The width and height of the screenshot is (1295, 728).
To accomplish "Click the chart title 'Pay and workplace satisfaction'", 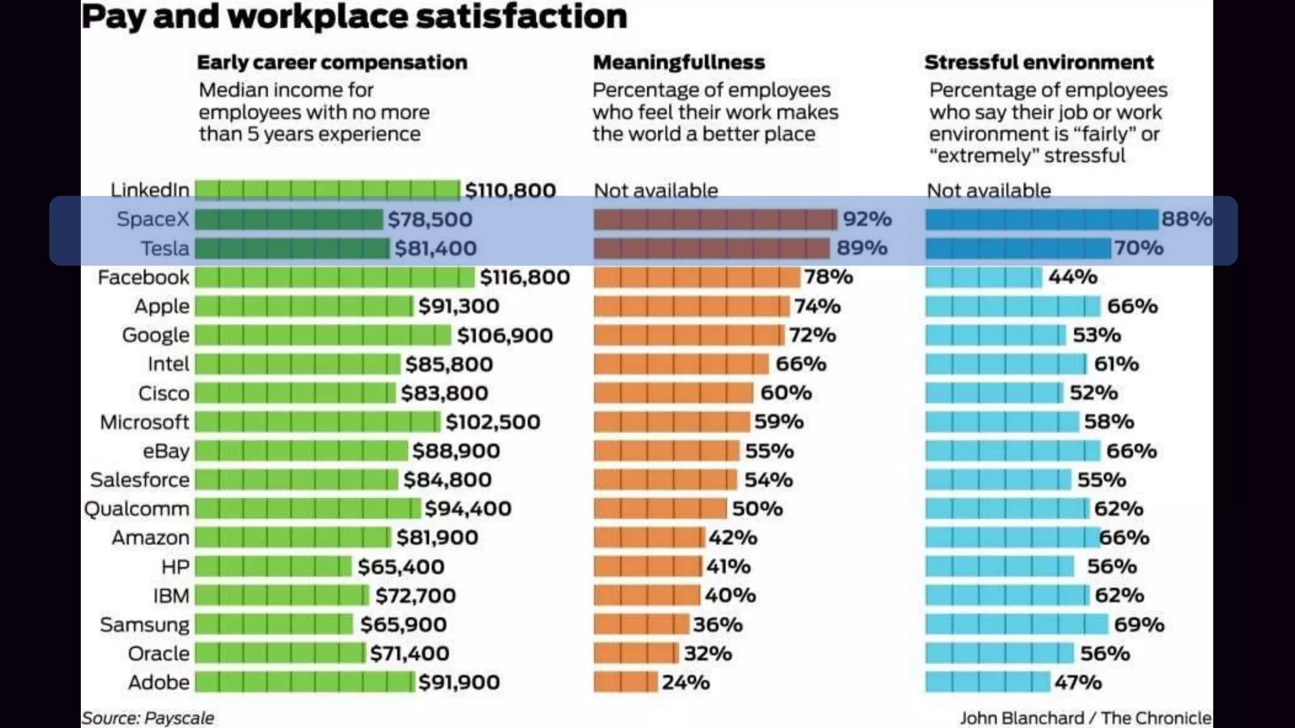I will pos(354,16).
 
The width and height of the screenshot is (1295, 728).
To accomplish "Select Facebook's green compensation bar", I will pos(334,277).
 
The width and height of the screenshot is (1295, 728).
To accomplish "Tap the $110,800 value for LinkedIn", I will pos(510,190).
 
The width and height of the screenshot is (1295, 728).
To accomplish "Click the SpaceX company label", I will pos(152,219).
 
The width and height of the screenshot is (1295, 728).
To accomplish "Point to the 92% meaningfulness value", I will pos(867,219).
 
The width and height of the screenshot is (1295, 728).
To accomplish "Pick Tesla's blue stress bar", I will pos(1018,248).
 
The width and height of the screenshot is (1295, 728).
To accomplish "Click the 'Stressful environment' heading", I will pos(1039,63).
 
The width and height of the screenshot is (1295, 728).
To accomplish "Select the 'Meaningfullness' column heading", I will pos(678,63).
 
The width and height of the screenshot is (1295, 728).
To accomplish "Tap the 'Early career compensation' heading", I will pos(332,63).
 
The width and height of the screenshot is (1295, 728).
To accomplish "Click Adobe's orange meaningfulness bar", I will pos(625,682).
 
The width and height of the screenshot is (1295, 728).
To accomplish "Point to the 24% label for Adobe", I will pos(685,682).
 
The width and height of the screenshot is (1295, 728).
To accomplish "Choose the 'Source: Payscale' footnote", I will pos(147,718).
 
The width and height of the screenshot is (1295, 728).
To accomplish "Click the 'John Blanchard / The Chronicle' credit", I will pos(1085,718).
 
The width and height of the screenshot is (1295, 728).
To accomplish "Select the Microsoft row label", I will pos(144,422).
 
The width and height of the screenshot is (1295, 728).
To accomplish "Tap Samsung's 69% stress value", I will pos(1139,624).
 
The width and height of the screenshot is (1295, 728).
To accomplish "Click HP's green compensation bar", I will pos(273,566).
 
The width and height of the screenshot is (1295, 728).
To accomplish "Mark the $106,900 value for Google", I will pos(505,336).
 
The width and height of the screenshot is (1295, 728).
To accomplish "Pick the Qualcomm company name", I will pos(137,509).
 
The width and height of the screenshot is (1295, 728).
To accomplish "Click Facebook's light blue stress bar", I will pos(983,277).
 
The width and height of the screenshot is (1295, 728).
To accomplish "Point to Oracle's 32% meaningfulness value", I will pos(708,653).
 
